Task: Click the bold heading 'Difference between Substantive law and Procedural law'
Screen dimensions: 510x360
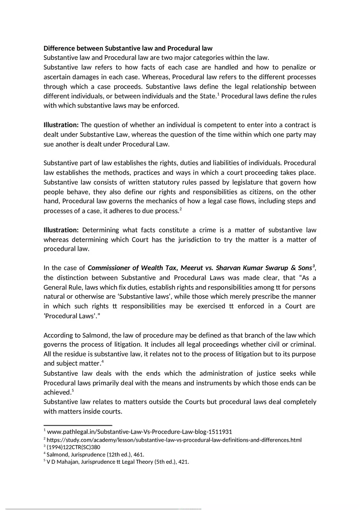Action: coord(128,48)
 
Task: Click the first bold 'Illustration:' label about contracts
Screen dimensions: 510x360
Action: coord(61,125)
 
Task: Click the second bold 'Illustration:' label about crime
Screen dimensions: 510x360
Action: coord(61,230)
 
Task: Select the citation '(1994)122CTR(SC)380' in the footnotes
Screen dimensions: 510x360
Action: coord(73,447)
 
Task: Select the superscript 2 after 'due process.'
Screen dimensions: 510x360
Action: coord(180,209)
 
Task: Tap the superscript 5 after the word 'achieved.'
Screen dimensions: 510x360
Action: coord(72,391)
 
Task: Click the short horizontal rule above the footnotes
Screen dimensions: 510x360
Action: coord(78,425)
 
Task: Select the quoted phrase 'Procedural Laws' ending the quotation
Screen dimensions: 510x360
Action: coord(70,316)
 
